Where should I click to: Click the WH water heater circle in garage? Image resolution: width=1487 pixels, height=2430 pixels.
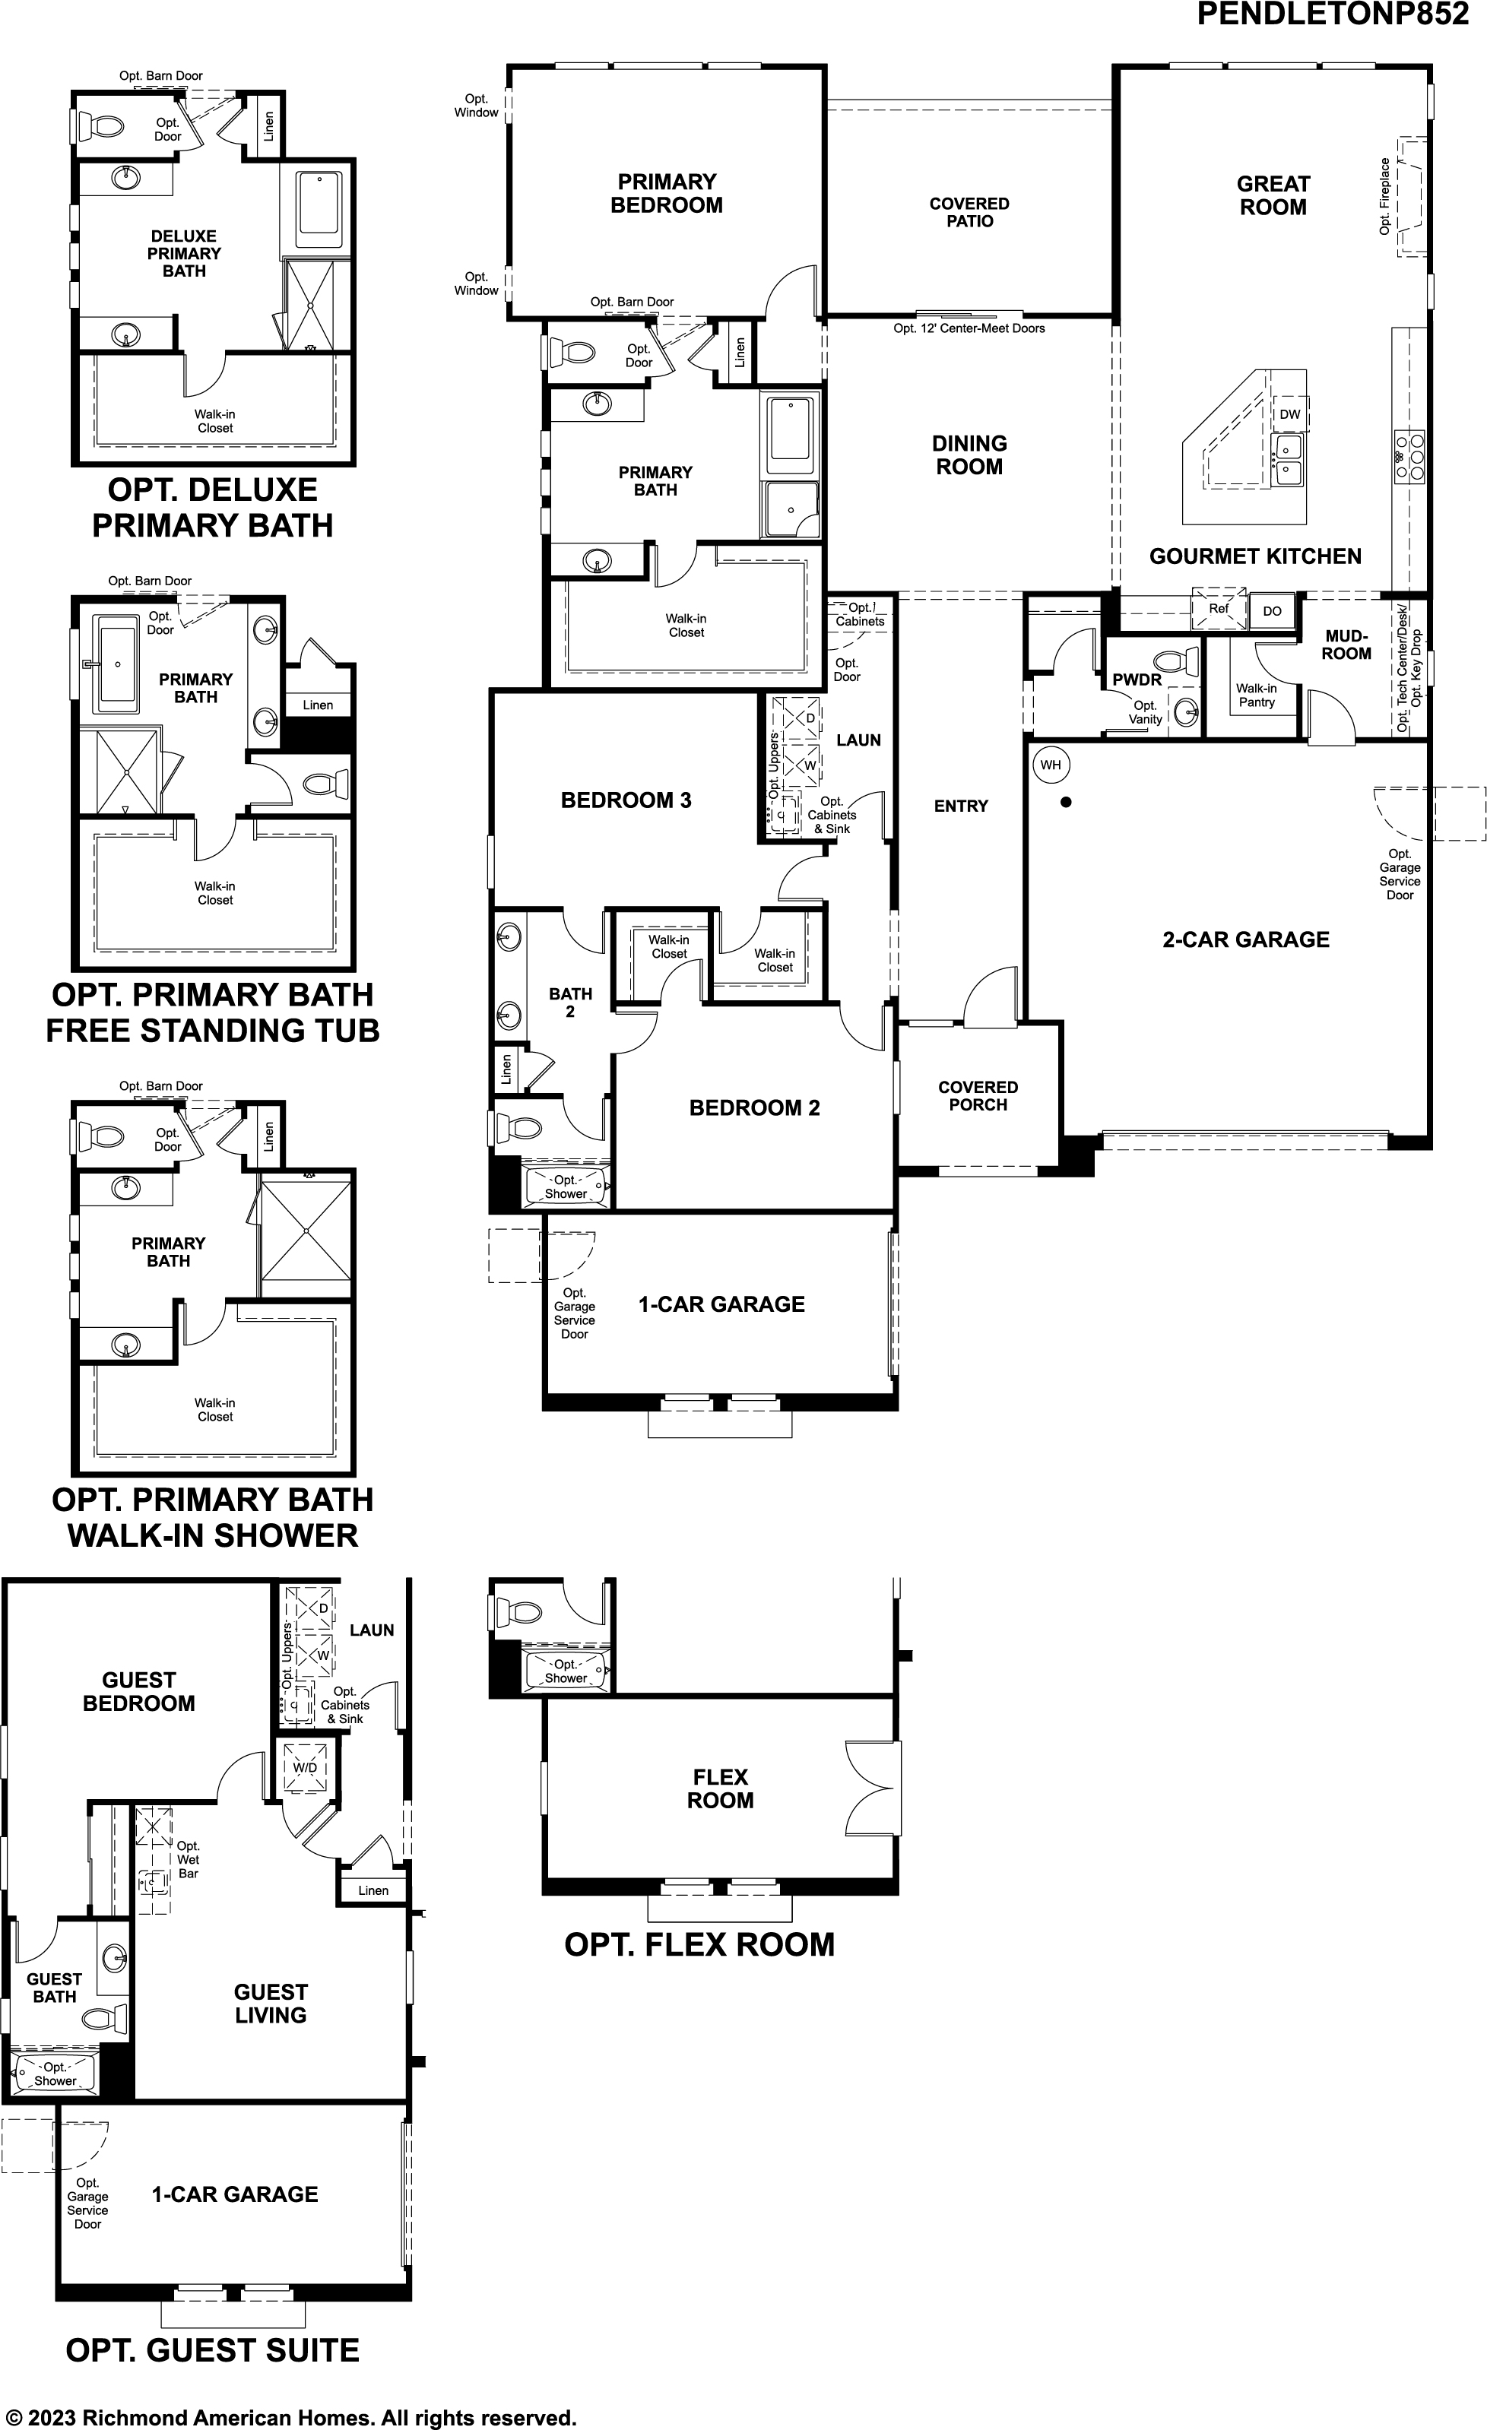(x=1050, y=765)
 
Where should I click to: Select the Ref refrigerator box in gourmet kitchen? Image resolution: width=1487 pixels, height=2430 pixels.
(x=1219, y=609)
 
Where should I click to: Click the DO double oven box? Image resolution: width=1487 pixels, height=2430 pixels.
(x=1272, y=611)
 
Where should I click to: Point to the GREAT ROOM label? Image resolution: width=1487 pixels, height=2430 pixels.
(x=1273, y=195)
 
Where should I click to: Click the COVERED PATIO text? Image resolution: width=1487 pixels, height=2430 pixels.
(x=969, y=212)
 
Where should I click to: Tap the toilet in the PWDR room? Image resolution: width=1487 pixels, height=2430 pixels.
(x=1176, y=660)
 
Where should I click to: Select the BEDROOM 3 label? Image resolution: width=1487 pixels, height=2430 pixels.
(x=626, y=800)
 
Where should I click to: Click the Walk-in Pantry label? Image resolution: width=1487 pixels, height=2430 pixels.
(x=1256, y=695)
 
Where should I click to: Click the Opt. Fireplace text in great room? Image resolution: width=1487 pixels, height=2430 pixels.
(x=1384, y=196)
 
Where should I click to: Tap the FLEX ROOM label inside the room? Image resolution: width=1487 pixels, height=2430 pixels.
(x=720, y=1788)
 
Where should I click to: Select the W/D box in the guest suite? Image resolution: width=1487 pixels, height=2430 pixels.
(x=306, y=1767)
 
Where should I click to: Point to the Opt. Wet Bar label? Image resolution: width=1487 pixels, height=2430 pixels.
(x=187, y=1859)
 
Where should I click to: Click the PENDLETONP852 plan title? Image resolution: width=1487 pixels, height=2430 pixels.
(x=1332, y=14)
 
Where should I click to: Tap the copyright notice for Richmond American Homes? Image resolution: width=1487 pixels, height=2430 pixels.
(x=292, y=2417)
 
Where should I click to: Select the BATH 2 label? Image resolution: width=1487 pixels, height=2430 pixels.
(x=570, y=1002)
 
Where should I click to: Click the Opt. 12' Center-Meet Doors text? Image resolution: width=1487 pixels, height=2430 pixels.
(x=969, y=328)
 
